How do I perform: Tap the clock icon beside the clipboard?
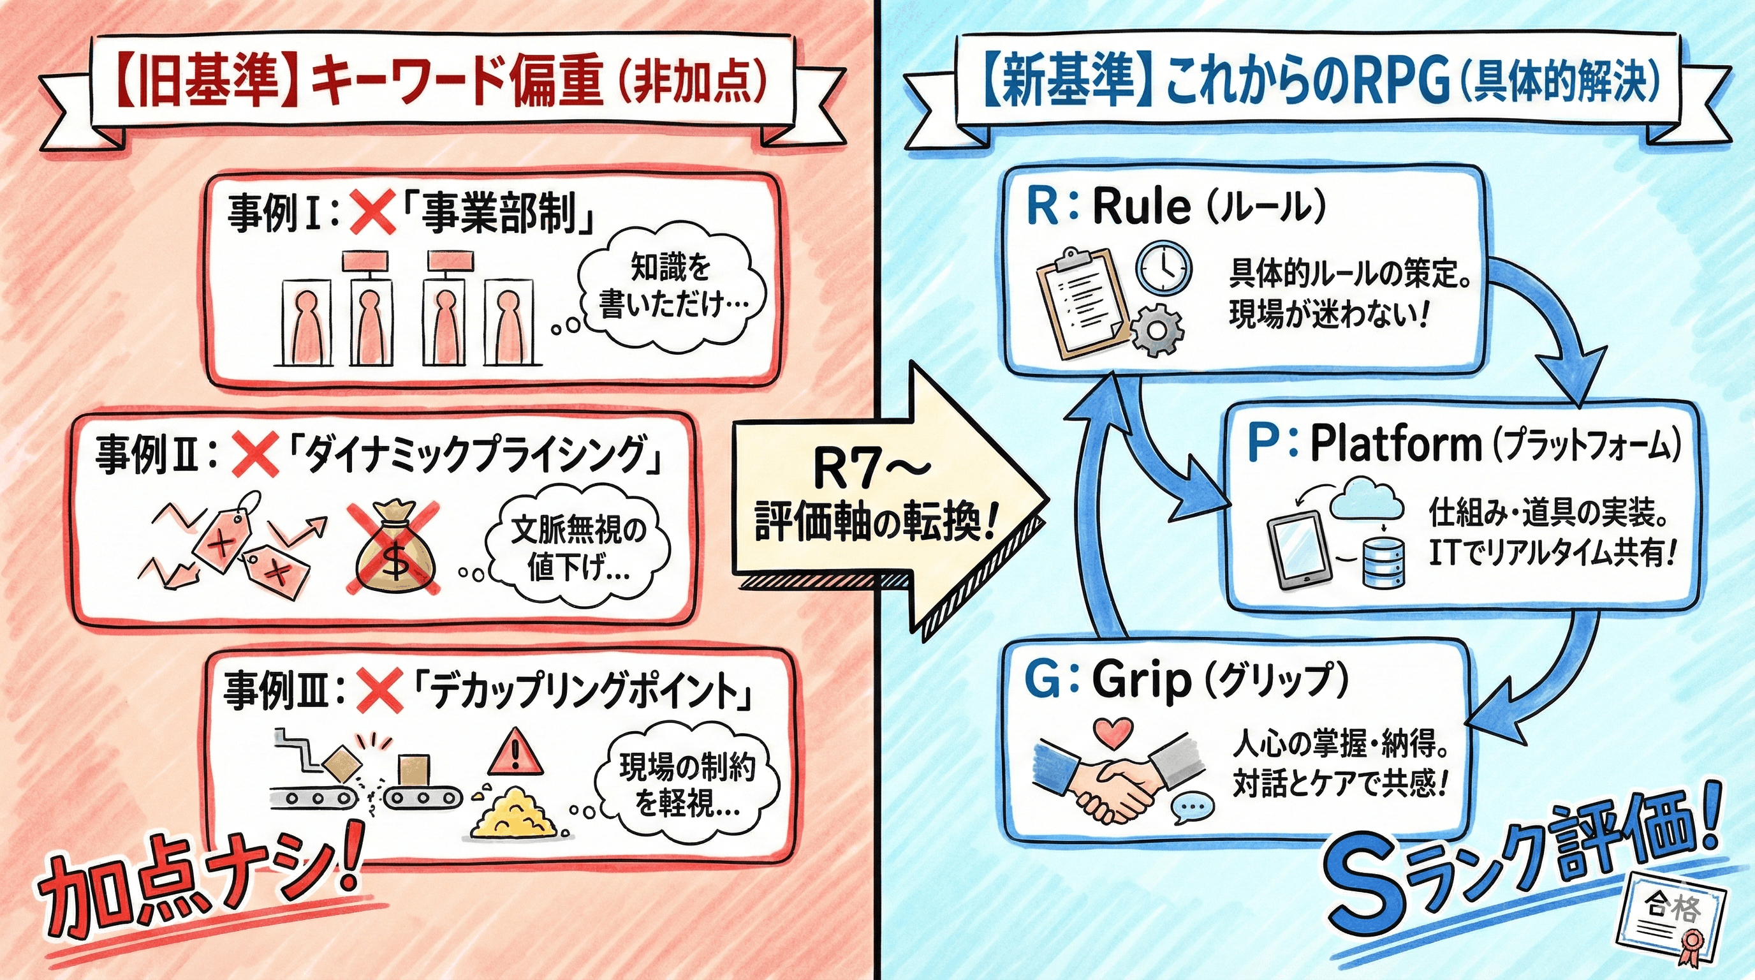(x=1164, y=269)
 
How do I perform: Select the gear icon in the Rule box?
(x=1157, y=330)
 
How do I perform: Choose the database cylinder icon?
(x=1384, y=561)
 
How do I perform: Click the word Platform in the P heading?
(x=1396, y=443)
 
